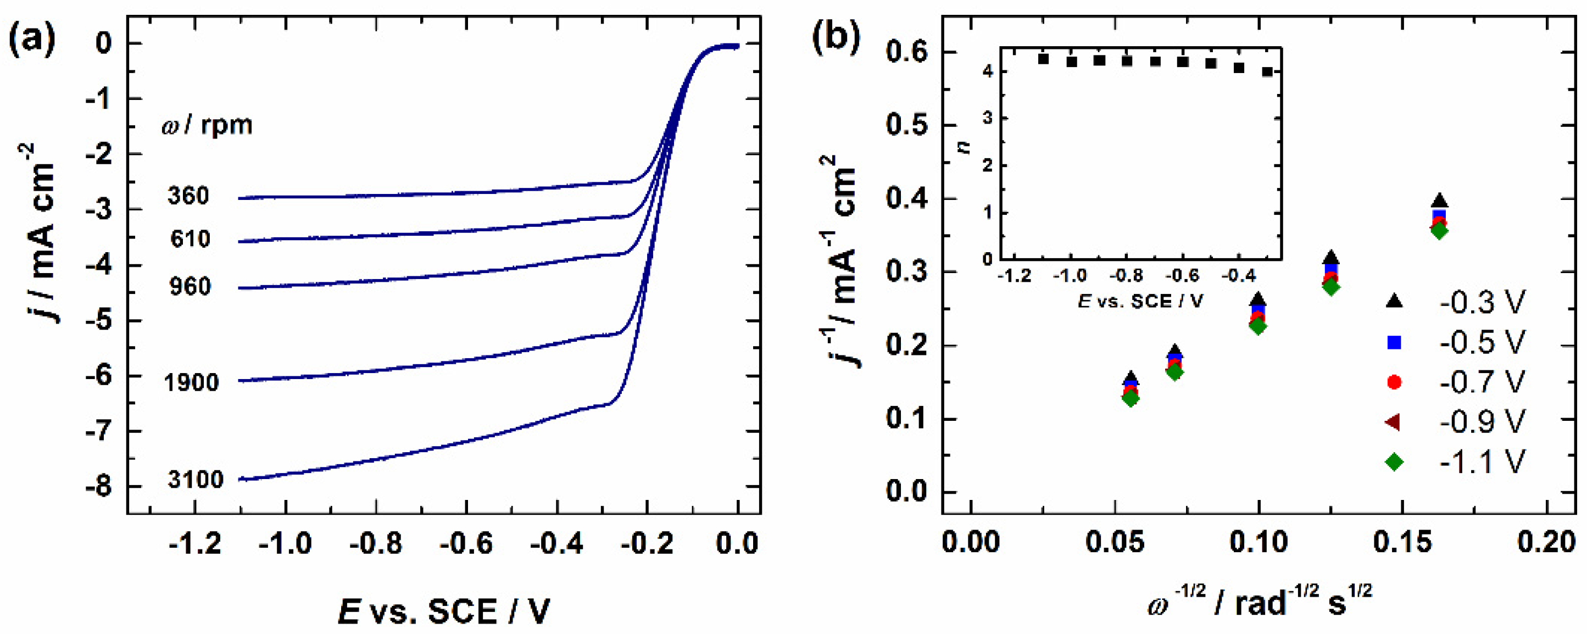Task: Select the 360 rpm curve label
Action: point(188,196)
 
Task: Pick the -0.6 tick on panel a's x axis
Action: point(466,544)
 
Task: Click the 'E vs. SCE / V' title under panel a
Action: point(443,612)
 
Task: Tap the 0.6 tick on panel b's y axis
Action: point(906,52)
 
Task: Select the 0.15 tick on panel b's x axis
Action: point(1402,543)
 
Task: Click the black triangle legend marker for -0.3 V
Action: point(1394,301)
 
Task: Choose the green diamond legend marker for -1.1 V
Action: point(1394,461)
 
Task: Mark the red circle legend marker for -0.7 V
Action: point(1394,382)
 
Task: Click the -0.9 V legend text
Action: point(1482,422)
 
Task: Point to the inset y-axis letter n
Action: point(965,146)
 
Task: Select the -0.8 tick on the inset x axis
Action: point(1127,276)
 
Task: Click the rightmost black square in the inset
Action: point(1267,71)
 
